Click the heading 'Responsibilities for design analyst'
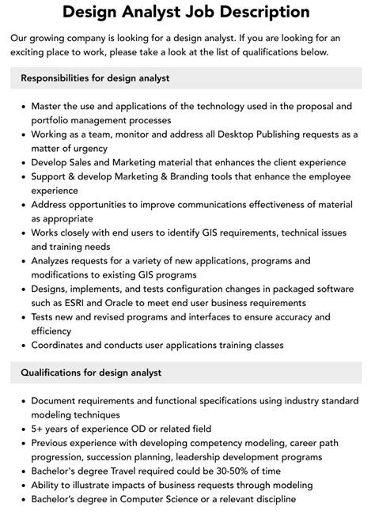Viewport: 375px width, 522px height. (x=96, y=78)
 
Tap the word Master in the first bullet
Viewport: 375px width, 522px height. (x=49, y=105)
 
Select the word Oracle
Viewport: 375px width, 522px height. (x=121, y=304)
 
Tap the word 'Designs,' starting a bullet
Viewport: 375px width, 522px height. (x=55, y=289)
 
